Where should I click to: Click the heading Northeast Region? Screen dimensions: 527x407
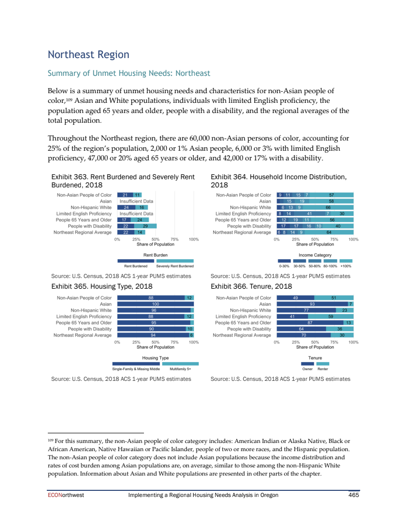tap(88, 54)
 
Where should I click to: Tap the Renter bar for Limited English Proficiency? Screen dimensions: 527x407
tap(331, 316)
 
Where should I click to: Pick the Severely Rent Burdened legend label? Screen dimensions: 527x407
tap(175, 266)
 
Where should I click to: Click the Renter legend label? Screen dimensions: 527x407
tap(323, 369)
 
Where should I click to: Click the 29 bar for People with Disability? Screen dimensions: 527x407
tap(146, 226)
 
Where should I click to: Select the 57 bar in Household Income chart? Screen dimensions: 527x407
tap(331, 195)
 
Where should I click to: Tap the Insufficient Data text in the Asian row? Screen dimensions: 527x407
tap(136, 201)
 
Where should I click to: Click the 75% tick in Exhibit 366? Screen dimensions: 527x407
tap(334, 342)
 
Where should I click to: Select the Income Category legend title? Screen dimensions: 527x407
tap(315, 255)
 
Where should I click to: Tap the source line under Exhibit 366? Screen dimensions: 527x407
tap(280, 379)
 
